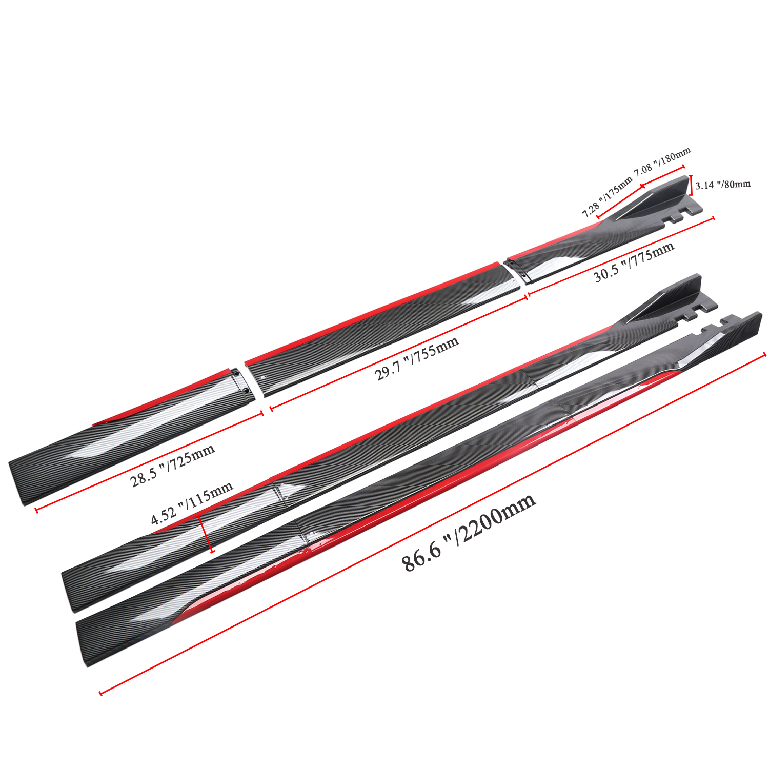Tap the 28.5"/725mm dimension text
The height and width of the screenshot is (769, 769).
(x=172, y=466)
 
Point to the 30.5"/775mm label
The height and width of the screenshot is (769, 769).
(x=634, y=262)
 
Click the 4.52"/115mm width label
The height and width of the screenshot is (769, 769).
(x=192, y=503)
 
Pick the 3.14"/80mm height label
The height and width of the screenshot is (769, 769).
(x=723, y=185)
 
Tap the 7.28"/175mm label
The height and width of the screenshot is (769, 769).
(x=608, y=197)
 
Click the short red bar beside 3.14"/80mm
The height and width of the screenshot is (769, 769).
(x=691, y=185)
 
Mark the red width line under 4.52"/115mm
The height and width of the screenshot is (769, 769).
(x=206, y=534)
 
